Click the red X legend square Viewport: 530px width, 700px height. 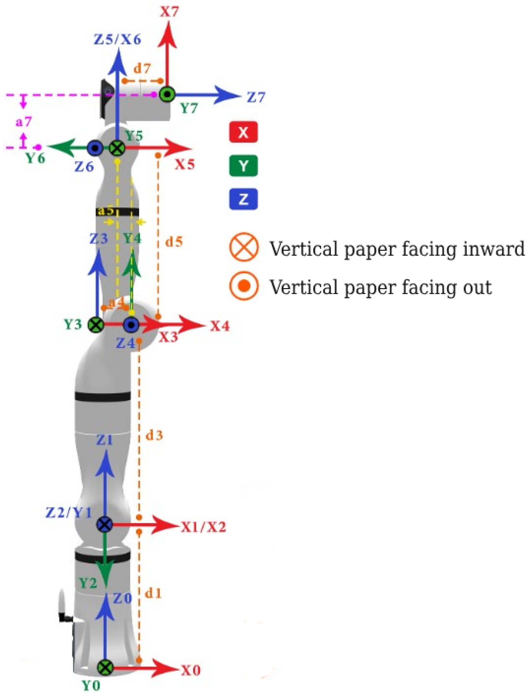(243, 132)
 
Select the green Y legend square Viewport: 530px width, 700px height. (243, 165)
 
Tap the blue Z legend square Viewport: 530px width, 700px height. (243, 199)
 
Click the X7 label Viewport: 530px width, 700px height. (169, 12)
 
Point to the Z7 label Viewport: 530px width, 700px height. (256, 97)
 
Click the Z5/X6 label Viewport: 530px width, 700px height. (117, 39)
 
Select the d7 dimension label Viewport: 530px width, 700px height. (142, 68)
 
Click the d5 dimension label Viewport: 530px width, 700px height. (174, 242)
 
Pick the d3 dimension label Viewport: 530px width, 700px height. (154, 435)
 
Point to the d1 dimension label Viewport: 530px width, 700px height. (153, 593)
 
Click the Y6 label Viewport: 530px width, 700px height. (35, 158)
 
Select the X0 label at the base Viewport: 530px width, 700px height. (191, 670)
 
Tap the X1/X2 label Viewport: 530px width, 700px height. (203, 527)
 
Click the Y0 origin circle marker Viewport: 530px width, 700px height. (105, 667)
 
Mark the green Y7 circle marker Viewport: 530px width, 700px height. (167, 94)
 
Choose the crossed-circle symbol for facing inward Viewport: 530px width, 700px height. (244, 247)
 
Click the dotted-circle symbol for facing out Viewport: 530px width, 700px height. (244, 286)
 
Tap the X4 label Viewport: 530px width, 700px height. (220, 326)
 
